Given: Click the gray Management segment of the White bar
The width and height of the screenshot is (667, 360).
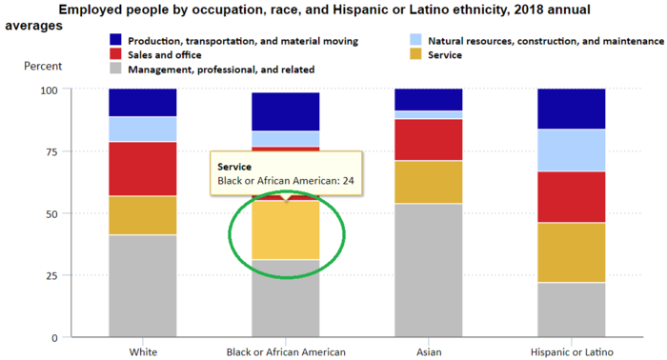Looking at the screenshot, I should pyautogui.click(x=142, y=286).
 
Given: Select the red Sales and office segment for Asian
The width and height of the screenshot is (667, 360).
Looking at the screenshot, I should pyautogui.click(x=428, y=139).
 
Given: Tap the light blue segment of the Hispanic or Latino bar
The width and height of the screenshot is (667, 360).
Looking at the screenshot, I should pyautogui.click(x=571, y=150).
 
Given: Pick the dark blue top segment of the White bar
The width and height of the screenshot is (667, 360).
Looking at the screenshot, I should pyautogui.click(x=142, y=103).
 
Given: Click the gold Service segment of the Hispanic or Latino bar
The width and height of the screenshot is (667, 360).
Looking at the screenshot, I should pyautogui.click(x=571, y=252).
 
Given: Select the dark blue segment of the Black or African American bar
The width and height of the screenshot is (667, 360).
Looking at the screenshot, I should pyautogui.click(x=285, y=111).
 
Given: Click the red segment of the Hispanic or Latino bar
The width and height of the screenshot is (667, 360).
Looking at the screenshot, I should pyautogui.click(x=571, y=197).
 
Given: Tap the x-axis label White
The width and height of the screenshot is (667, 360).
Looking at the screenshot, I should pyautogui.click(x=143, y=351).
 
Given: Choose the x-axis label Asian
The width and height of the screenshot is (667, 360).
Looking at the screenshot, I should pyautogui.click(x=428, y=351).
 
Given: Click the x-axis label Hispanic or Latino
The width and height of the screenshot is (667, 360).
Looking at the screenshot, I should pyautogui.click(x=571, y=351).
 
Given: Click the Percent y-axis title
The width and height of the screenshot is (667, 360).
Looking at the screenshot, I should pyautogui.click(x=41, y=67).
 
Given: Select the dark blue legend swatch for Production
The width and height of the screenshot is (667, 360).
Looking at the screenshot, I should pyautogui.click(x=115, y=41).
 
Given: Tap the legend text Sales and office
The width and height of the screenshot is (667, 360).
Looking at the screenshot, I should pyautogui.click(x=165, y=55).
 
